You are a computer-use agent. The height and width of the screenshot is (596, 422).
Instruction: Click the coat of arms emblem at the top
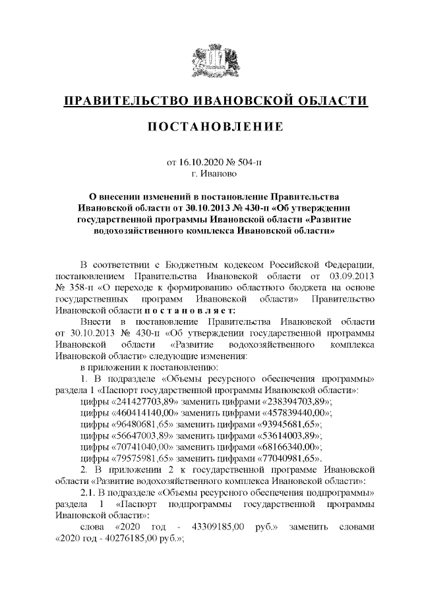point(211,63)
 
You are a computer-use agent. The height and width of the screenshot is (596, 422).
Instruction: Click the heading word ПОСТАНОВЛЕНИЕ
point(210,126)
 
